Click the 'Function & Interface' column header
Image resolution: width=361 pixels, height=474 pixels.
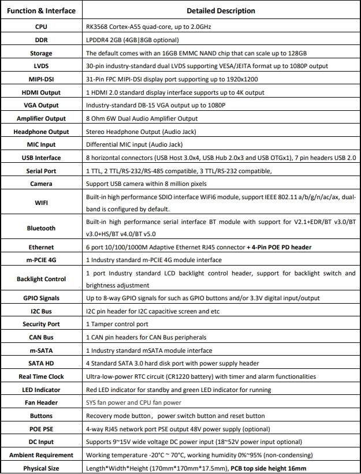click(41, 10)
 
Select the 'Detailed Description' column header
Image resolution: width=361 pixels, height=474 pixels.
click(221, 10)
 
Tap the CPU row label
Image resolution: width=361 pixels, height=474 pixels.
click(41, 27)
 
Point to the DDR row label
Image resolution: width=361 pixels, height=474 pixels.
click(41, 40)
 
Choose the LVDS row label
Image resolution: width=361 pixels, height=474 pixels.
click(41, 66)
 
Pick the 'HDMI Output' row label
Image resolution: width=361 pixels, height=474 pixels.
click(41, 92)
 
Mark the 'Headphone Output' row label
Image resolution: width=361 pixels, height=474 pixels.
click(41, 132)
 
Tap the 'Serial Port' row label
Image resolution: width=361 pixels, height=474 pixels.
click(41, 171)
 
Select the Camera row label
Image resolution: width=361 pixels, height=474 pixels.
click(41, 184)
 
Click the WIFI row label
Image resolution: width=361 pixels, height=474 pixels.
click(41, 203)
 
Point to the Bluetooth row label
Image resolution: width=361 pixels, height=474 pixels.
click(41, 228)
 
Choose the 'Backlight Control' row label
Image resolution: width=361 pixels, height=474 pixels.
click(41, 279)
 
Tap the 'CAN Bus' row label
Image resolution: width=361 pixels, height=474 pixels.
click(41, 337)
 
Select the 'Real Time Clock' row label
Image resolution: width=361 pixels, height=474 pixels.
click(41, 376)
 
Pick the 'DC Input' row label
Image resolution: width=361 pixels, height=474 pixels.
click(41, 442)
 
